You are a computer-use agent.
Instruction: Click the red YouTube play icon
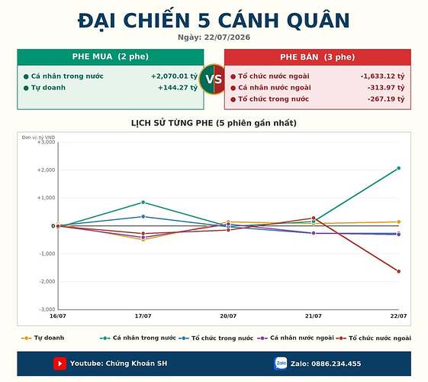coord(60,364)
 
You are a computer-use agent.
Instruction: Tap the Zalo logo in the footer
coord(281,364)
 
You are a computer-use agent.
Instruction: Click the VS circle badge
coord(214,79)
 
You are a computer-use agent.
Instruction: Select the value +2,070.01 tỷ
coord(175,76)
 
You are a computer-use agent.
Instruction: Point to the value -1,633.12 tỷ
coord(382,76)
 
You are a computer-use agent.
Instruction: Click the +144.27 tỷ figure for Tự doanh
coord(178,88)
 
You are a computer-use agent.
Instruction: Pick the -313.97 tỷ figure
coord(386,88)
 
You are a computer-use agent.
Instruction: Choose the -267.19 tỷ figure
coord(386,99)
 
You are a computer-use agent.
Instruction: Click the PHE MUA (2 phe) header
coord(111,57)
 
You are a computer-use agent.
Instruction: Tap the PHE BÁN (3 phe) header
coord(317,57)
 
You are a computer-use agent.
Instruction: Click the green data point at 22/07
coord(398,168)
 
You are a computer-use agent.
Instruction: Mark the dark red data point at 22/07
coord(398,271)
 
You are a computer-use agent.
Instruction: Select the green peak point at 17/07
coord(143,202)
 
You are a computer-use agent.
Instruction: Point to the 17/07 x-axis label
coord(143,316)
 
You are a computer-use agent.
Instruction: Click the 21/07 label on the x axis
coord(314,316)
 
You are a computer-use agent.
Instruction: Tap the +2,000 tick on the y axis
coord(46,170)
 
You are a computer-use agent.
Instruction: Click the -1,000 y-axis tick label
coord(47,254)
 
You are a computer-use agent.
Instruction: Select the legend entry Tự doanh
coord(43,338)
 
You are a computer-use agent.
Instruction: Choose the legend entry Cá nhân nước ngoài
coord(295,338)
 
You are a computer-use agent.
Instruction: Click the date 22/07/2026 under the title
coord(227,37)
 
